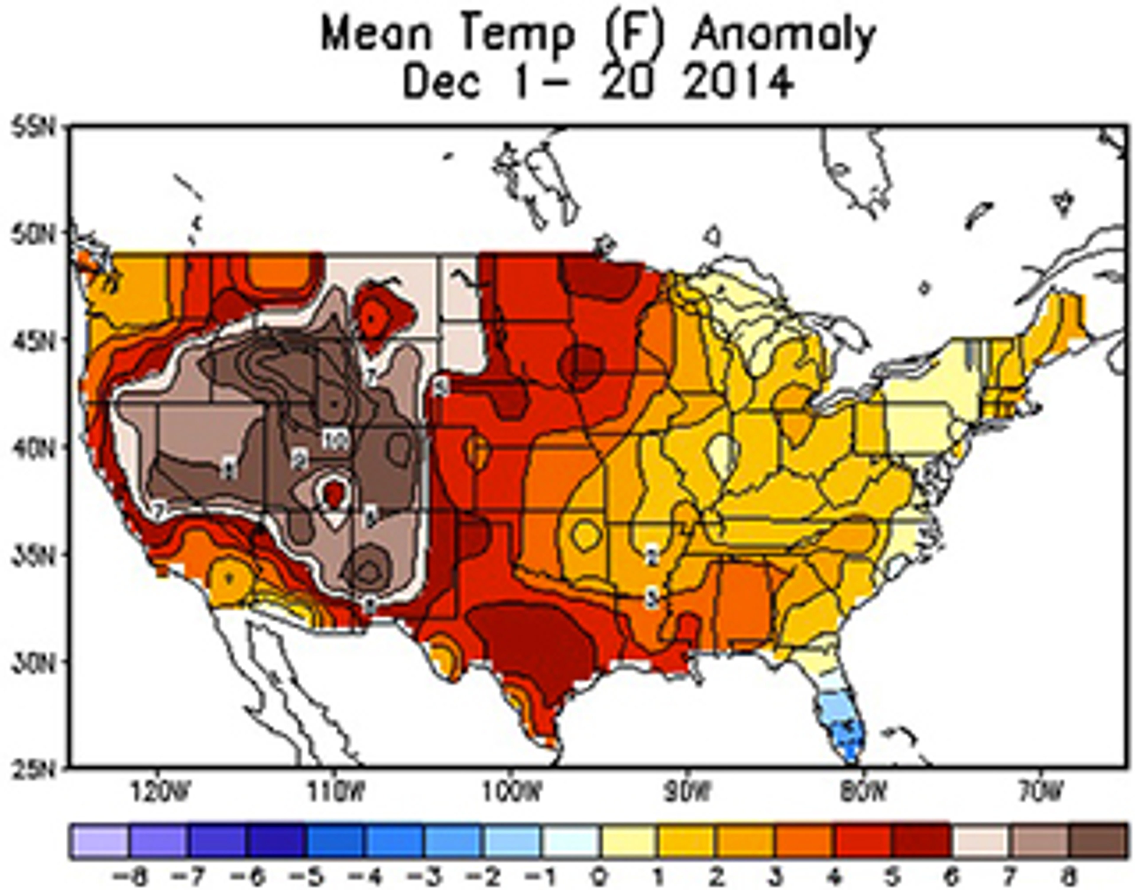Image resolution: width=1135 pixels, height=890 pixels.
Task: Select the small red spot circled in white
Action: click(x=334, y=492)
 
